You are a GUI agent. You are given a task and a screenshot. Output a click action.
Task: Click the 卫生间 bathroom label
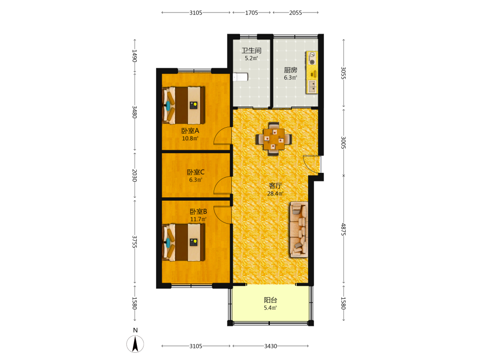(252, 50)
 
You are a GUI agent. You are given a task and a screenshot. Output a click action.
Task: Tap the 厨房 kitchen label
(290, 70)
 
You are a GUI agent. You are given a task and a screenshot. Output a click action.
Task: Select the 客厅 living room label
(275, 185)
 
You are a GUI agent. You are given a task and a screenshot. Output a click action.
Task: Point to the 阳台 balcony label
(270, 300)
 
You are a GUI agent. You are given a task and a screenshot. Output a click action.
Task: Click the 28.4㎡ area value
(275, 193)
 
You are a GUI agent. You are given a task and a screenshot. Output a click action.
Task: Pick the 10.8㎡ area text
(190, 138)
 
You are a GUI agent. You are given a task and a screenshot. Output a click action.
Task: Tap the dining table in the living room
(274, 139)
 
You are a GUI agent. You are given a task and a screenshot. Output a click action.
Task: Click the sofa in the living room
(299, 229)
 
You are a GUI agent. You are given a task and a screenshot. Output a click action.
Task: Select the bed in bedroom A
(183, 105)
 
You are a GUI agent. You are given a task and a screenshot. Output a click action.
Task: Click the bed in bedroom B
(183, 242)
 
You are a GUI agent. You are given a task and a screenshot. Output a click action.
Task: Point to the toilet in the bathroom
(240, 77)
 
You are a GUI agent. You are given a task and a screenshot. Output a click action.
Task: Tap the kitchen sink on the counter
(312, 86)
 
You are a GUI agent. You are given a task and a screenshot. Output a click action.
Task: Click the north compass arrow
(135, 344)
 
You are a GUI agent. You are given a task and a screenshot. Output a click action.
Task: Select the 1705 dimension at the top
(252, 12)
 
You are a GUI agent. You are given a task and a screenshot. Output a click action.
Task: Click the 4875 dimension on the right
(344, 229)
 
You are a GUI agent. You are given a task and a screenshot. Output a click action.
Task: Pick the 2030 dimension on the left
(134, 175)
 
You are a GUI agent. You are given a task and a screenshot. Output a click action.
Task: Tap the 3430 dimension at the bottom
(271, 346)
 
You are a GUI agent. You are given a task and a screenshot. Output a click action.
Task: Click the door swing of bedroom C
(222, 185)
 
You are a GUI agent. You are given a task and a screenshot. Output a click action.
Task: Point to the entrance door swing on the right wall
(312, 164)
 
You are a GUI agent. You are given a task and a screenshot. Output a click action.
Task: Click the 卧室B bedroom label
(198, 212)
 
